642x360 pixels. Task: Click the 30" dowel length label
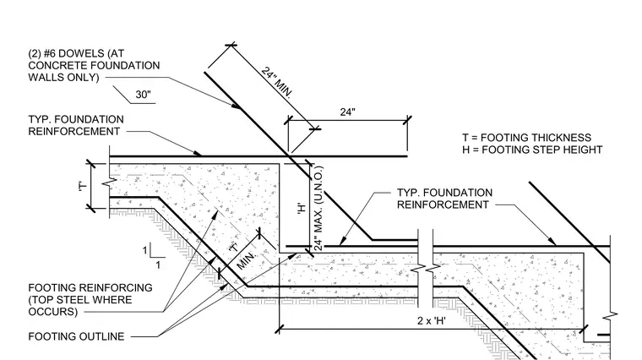143,95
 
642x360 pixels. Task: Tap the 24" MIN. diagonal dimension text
277,83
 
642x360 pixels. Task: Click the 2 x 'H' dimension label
432,320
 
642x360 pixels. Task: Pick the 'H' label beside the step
302,209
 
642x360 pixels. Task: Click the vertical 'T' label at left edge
83,187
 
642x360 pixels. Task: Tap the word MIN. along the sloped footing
247,260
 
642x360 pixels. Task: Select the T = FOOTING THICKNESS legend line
527,138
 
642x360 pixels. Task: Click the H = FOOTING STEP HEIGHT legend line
532,150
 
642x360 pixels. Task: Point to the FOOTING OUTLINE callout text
76,336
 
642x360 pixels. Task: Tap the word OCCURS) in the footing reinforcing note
53,312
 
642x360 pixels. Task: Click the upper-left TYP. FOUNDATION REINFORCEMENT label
76,125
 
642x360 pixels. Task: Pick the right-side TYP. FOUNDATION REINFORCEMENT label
444,199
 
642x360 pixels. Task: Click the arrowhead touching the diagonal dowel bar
237,106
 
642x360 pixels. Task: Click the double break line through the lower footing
426,269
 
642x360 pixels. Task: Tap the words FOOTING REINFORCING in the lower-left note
90,288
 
